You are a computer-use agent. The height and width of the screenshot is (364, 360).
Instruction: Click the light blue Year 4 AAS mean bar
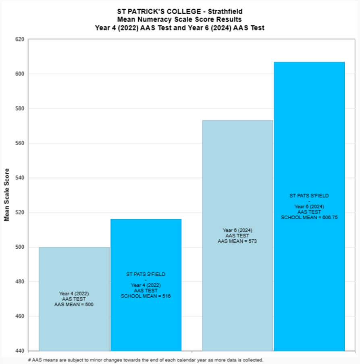(74, 274)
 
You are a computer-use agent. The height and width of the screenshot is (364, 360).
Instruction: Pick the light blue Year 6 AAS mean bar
(237, 181)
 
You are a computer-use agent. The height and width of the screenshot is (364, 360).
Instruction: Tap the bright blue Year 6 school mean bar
(309, 141)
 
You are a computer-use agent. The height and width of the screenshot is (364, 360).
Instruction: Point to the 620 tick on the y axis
(20, 40)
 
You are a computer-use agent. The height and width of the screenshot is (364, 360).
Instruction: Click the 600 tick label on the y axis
(20, 74)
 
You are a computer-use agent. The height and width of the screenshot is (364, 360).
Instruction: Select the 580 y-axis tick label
(20, 109)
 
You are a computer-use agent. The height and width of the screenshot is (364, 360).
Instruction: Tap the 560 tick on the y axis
(20, 144)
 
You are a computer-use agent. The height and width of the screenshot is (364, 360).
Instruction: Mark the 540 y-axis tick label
(20, 178)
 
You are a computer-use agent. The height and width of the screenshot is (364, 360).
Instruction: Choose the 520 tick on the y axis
(20, 213)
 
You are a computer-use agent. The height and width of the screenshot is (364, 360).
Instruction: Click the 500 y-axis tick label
(20, 248)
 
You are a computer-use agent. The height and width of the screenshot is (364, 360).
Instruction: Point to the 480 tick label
(20, 282)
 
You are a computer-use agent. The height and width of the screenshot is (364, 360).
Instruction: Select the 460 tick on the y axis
(20, 317)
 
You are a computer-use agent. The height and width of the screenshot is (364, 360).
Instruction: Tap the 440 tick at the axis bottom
(20, 351)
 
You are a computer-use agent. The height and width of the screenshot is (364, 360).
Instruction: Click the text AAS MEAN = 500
(74, 305)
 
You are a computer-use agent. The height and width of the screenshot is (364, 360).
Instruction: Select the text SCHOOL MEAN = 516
(146, 296)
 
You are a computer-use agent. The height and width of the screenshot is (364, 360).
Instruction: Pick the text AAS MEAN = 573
(237, 241)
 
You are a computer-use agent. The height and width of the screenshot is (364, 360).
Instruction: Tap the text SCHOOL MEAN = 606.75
(309, 217)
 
